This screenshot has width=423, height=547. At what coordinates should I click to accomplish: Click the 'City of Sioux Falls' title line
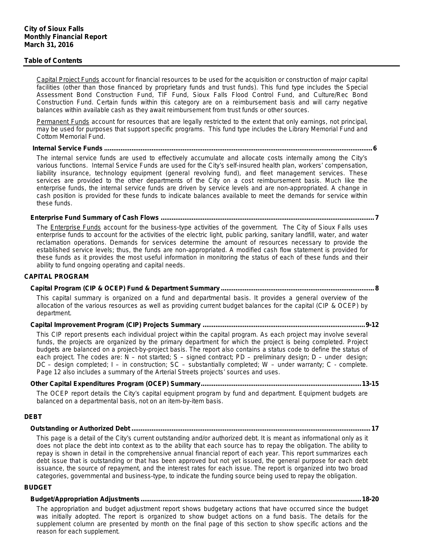(x=54, y=29)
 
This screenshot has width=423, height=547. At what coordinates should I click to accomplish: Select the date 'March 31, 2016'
(x=49, y=45)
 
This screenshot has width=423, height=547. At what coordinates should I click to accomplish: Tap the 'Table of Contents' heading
(x=53, y=61)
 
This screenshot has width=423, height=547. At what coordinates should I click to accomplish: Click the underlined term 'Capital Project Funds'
(x=68, y=80)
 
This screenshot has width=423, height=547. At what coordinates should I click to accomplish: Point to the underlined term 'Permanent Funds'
(x=63, y=122)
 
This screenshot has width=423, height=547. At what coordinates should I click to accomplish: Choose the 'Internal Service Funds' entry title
(x=67, y=148)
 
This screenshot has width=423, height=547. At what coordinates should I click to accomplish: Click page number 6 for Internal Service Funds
(x=375, y=148)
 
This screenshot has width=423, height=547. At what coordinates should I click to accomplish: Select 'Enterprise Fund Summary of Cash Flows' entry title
(x=95, y=218)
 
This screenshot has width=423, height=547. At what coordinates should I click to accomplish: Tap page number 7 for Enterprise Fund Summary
(x=377, y=218)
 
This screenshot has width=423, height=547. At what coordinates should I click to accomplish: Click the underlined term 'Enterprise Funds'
(x=76, y=228)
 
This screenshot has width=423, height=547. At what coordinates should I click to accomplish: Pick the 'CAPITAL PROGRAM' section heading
(x=56, y=277)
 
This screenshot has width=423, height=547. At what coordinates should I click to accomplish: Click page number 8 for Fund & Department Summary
(x=377, y=288)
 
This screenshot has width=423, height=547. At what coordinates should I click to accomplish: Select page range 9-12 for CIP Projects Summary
(x=372, y=325)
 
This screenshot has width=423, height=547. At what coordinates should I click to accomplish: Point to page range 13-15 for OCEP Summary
(x=370, y=384)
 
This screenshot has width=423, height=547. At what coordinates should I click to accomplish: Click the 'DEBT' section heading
(x=33, y=417)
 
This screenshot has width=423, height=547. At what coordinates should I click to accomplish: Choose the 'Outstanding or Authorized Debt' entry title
(x=80, y=429)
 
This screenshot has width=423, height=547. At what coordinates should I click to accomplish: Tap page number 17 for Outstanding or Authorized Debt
(x=375, y=429)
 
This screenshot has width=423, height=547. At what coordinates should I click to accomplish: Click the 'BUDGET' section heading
(x=38, y=487)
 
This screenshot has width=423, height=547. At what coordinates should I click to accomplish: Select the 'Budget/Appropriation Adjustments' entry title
(x=85, y=499)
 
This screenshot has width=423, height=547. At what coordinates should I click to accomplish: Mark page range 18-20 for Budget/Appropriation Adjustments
(x=370, y=499)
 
